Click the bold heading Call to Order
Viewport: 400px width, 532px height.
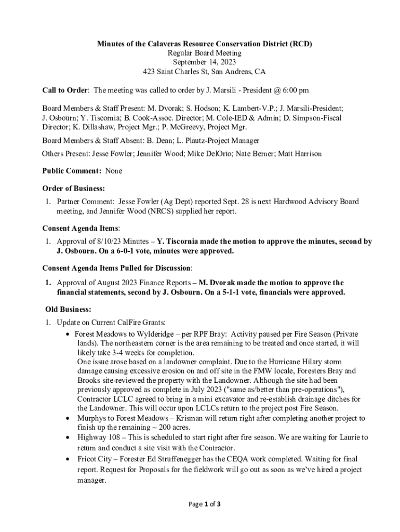click(x=65, y=90)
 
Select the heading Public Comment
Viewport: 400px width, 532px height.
click(x=71, y=170)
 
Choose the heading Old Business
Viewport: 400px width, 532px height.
click(x=68, y=310)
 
